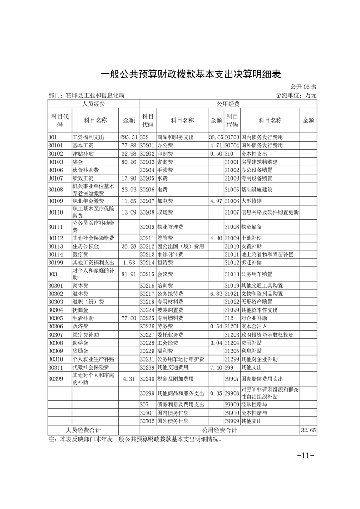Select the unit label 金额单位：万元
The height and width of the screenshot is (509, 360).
296,96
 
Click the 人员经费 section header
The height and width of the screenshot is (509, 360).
93,104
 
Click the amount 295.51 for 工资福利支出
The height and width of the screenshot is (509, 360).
128,137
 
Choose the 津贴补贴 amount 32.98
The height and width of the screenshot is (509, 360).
129,154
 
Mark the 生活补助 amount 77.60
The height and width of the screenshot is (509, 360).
129,318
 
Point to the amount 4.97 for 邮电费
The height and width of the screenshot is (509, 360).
215,201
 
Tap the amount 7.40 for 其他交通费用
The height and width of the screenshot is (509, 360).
215,367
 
